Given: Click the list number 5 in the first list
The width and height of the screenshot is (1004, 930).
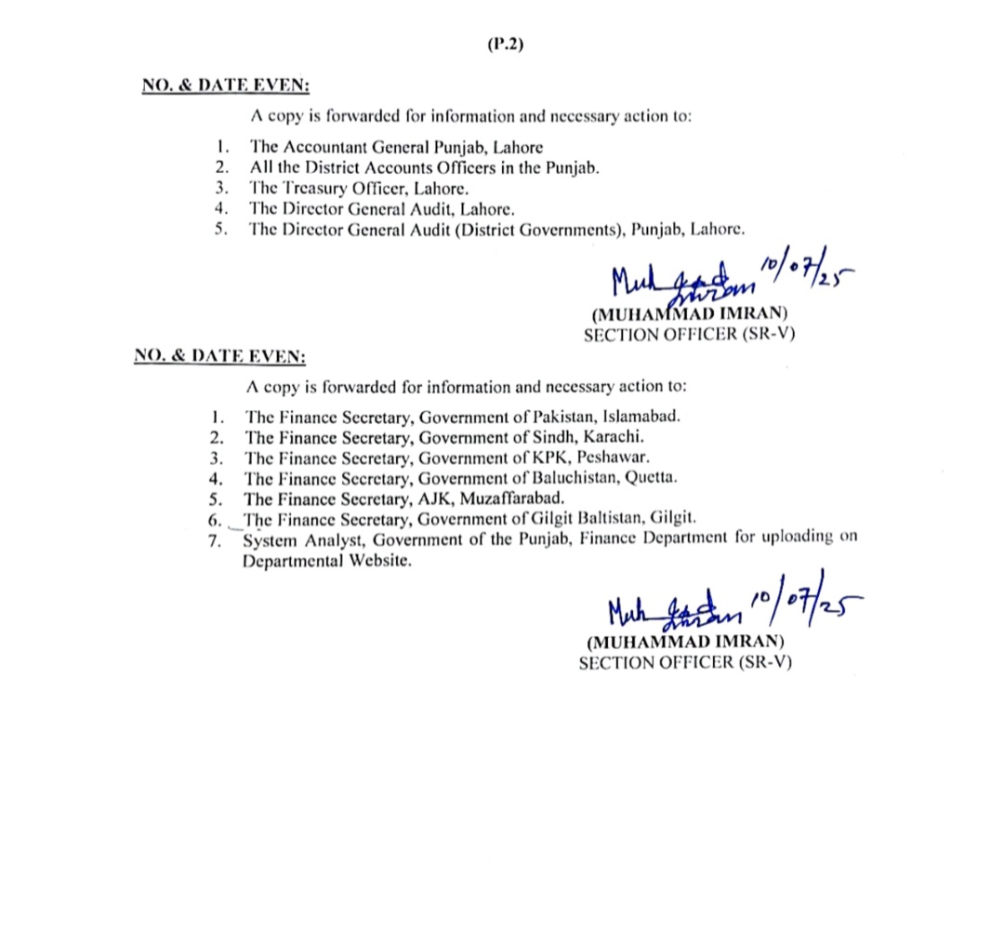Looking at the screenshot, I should [x=219, y=230].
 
